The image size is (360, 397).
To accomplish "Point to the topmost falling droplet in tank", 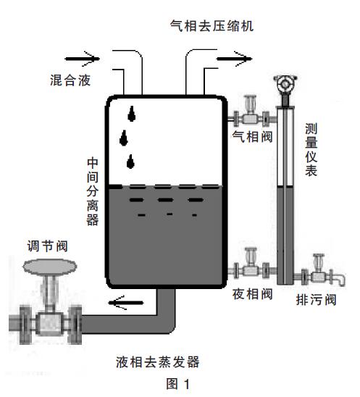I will click(x=132, y=112).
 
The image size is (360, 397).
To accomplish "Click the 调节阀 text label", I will click(x=52, y=245).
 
